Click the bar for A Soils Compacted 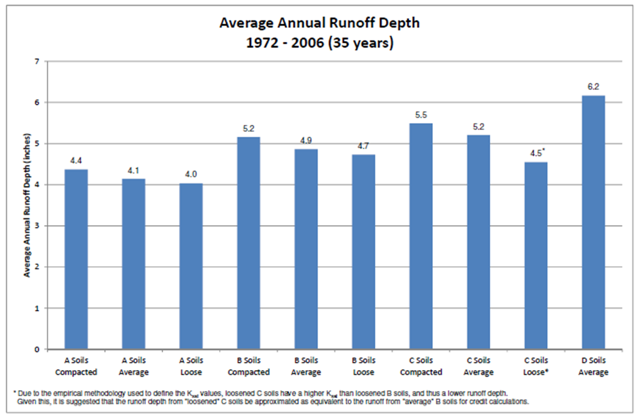(x=76, y=259)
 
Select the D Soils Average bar (x=593, y=222)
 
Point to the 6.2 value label (x=593, y=87)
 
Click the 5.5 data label (x=421, y=115)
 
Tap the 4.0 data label (x=191, y=175)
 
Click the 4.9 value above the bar (x=306, y=141)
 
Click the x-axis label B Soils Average (x=306, y=367)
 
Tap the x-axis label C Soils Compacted (x=421, y=367)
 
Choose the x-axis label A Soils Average (x=134, y=367)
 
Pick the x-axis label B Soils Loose (x=363, y=367)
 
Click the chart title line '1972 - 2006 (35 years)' (x=320, y=43)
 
